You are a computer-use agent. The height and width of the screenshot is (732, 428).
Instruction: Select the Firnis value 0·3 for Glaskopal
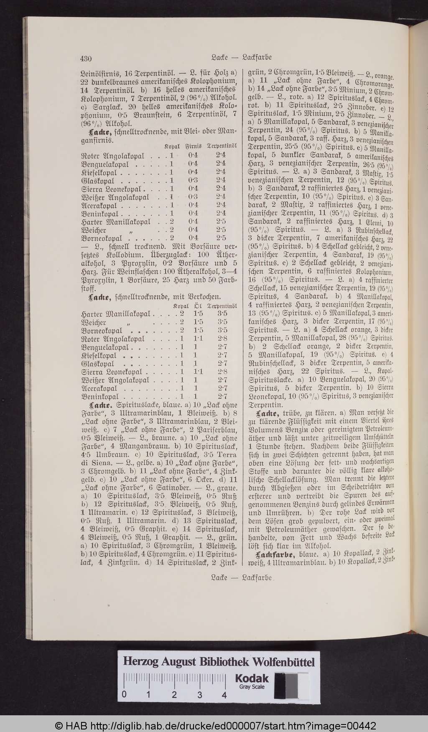coord(193,180)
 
